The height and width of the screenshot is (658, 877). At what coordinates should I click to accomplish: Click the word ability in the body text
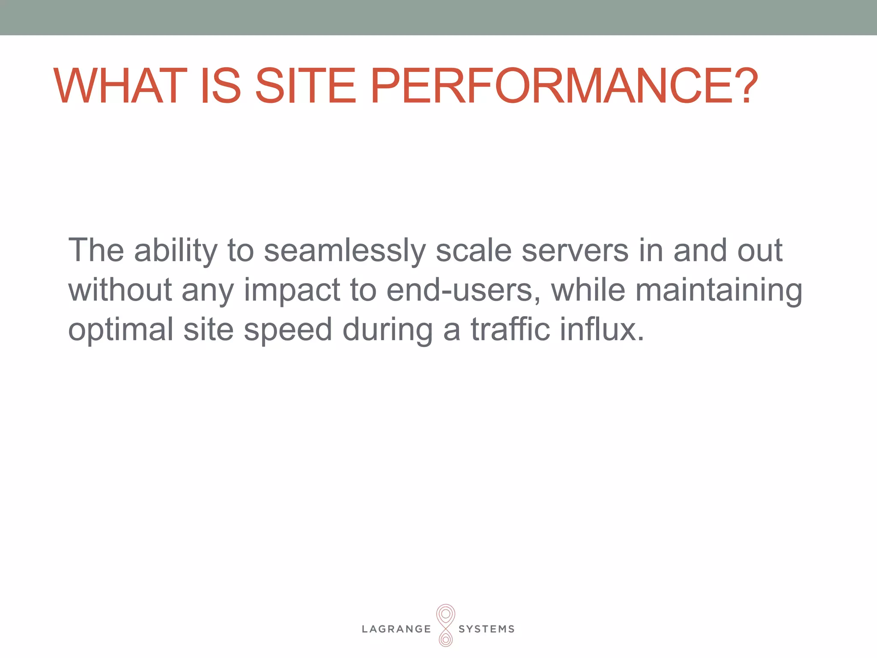176,251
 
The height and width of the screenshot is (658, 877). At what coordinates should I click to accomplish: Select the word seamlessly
345,251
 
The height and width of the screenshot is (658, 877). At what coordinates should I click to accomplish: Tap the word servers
575,250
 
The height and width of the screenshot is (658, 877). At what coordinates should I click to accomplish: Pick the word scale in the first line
473,250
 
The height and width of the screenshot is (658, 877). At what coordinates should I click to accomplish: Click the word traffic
510,329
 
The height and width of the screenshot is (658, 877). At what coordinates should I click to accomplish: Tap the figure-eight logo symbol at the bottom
445,625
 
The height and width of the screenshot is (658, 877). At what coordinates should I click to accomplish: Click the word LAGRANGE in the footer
397,629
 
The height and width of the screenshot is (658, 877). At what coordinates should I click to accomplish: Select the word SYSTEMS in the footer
486,629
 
